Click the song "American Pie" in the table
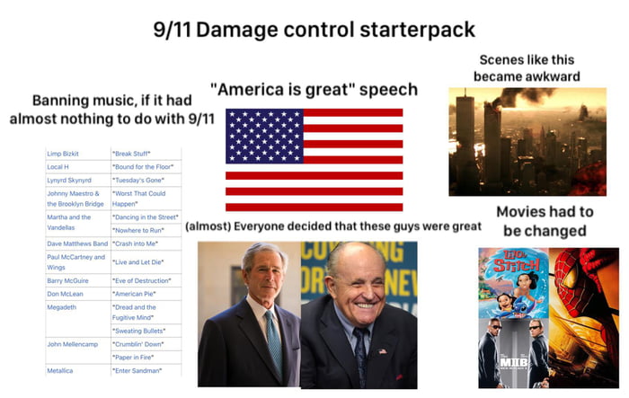(x=135, y=293)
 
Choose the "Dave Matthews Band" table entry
(x=76, y=243)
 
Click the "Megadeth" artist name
(x=65, y=306)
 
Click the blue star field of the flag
(x=263, y=136)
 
